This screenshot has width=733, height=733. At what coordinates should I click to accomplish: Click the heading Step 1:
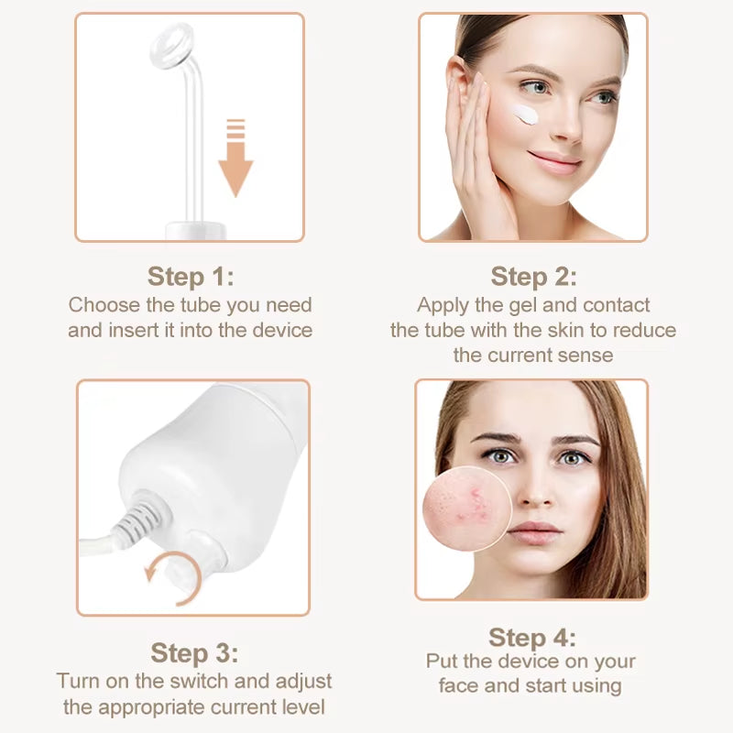click(x=191, y=276)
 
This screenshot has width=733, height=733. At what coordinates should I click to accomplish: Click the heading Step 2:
click(x=533, y=276)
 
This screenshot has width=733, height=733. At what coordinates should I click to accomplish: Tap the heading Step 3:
click(x=194, y=652)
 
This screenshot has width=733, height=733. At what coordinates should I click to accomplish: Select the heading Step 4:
click(x=532, y=637)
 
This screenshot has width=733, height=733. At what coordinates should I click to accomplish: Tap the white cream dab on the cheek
click(x=526, y=115)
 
